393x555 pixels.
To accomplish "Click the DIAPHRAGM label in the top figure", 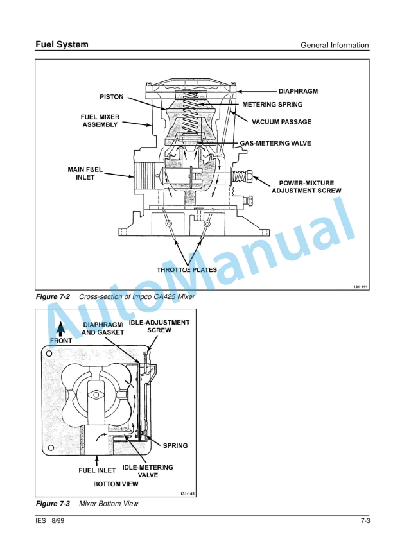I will coord(298,92).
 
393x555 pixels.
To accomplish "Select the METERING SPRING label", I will coord(276,104).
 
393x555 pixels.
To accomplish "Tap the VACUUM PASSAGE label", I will coord(281,122).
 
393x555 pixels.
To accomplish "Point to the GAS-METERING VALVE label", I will coord(275,143).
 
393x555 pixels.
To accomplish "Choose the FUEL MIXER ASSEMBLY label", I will coord(100,121).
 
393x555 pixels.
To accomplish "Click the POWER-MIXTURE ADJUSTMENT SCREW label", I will coord(306,187).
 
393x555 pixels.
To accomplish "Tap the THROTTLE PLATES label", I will coord(187,269).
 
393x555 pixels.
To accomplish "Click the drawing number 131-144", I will coord(360,286).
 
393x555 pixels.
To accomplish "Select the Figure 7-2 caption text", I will coord(116,297).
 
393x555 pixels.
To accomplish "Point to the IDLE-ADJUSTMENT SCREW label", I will coord(159,326).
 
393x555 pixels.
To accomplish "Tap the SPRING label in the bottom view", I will coord(175,445).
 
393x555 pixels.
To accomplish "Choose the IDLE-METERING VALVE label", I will coord(148,472).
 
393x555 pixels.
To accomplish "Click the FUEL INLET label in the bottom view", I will coord(97,470).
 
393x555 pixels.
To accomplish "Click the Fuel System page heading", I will coord(62,45).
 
